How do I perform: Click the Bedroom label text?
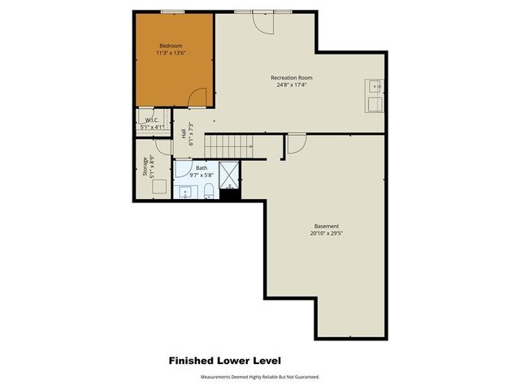point(170,45)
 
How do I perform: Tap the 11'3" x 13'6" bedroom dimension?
point(171,54)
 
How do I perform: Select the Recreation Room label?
point(292,78)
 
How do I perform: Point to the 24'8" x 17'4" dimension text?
point(292,85)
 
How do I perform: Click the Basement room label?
point(327,226)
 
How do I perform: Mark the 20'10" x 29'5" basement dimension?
point(327,234)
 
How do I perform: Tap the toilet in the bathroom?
point(209,191)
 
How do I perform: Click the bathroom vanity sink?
point(186,193)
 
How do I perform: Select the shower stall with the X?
point(230,174)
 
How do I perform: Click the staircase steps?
point(227,145)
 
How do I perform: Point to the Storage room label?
point(145,167)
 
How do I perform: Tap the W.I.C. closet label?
point(152,120)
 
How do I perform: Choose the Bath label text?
point(201,167)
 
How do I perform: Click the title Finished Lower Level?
point(225,360)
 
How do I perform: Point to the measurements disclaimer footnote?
point(260,377)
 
